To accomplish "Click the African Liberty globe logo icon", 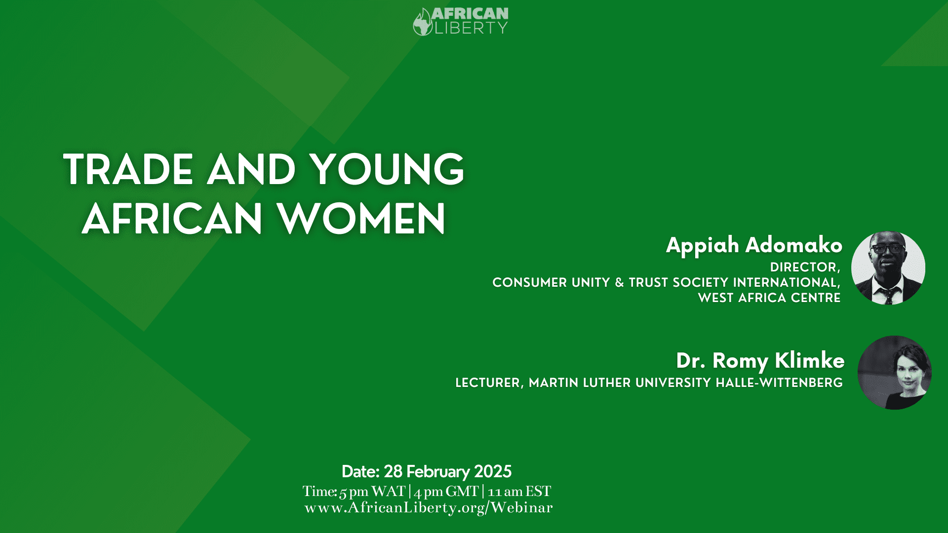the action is click(423, 23).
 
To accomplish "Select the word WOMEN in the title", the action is click(361, 219).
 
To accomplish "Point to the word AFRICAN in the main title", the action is click(172, 219).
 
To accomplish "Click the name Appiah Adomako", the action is click(754, 245).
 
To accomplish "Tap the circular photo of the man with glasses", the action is click(888, 267).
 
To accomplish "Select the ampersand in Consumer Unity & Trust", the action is click(619, 282).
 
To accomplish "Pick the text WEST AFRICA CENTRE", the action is click(769, 298).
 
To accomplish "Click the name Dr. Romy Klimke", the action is click(760, 361).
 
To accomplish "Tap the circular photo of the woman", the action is click(895, 373).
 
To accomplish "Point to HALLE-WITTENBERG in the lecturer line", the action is click(779, 382).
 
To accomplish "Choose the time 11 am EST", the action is click(519, 492).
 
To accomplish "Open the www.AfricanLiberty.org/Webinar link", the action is click(429, 507).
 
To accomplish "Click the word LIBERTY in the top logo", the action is click(471, 28).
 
